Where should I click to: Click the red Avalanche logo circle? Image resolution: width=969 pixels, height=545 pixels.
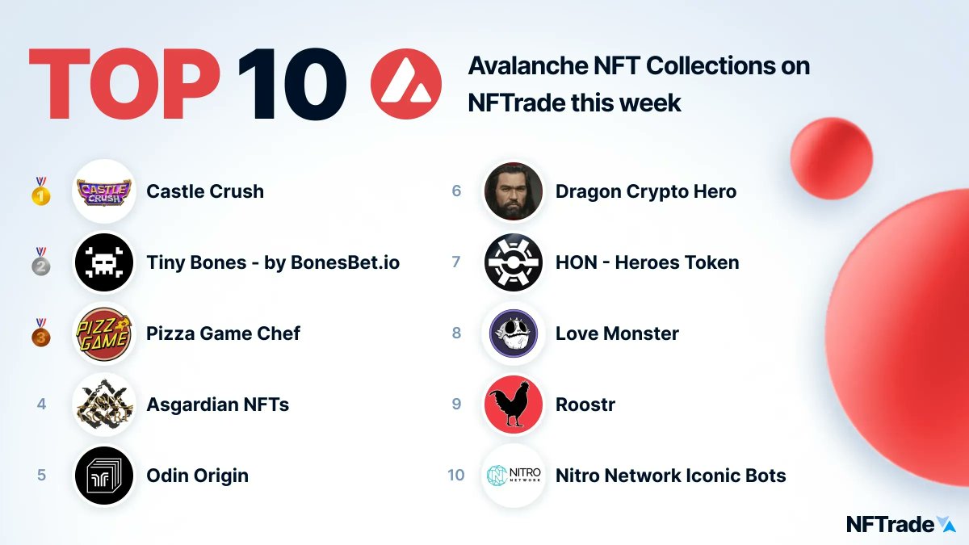pyautogui.click(x=405, y=84)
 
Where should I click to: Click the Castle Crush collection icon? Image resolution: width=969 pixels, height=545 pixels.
pyautogui.click(x=103, y=191)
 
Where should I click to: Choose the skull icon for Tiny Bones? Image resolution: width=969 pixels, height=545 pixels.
pyautogui.click(x=103, y=262)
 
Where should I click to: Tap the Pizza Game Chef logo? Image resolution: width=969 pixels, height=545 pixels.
pyautogui.click(x=103, y=333)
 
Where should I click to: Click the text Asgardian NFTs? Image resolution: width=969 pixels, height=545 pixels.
pyautogui.click(x=217, y=405)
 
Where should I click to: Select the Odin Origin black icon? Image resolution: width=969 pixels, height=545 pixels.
pyautogui.click(x=103, y=476)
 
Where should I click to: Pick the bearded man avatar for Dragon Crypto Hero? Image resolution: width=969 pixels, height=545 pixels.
pyautogui.click(x=513, y=191)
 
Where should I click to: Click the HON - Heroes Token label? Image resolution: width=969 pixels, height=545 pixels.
pyautogui.click(x=647, y=262)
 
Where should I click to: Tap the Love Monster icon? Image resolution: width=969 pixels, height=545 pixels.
pyautogui.click(x=513, y=333)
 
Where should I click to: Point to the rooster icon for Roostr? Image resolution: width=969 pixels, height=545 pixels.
pyautogui.click(x=513, y=405)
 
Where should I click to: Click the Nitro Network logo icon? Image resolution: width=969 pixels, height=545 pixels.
pyautogui.click(x=513, y=476)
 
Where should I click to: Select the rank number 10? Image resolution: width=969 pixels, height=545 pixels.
pyautogui.click(x=456, y=476)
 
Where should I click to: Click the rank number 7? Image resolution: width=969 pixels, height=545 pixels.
pyautogui.click(x=456, y=262)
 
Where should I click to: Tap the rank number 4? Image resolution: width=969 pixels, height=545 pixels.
pyautogui.click(x=41, y=405)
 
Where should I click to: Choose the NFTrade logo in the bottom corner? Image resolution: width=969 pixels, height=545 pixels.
pyautogui.click(x=900, y=524)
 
